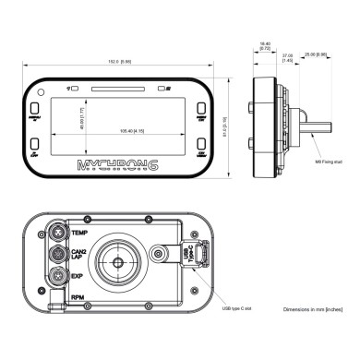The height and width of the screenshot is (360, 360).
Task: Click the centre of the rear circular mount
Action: point(119,261)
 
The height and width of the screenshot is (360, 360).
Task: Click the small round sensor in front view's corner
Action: point(69,89)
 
